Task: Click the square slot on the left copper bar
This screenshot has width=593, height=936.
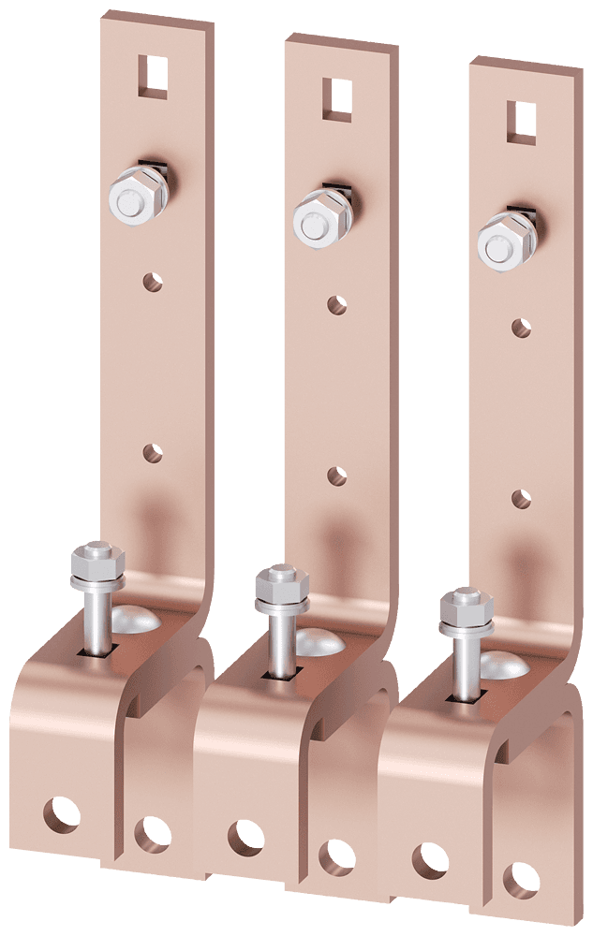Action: pyautogui.click(x=153, y=76)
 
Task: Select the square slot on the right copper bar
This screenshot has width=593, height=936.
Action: pyautogui.click(x=521, y=122)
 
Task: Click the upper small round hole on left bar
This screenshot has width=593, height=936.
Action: pyautogui.click(x=153, y=280)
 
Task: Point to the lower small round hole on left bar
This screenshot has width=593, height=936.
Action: pyautogui.click(x=152, y=452)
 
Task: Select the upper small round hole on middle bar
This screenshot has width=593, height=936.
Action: pyautogui.click(x=337, y=303)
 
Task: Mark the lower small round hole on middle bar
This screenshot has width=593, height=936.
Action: pyautogui.click(x=336, y=475)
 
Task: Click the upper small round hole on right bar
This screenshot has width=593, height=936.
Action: pyautogui.click(x=521, y=327)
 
